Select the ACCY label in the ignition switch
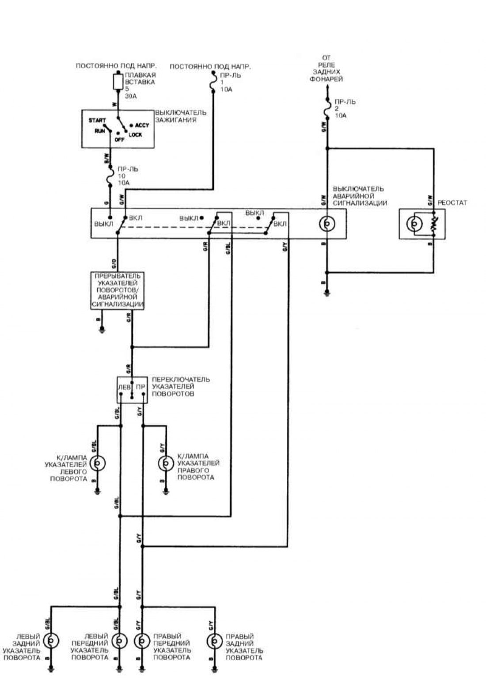point(142,126)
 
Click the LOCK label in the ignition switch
point(135,135)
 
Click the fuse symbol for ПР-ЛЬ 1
point(213,82)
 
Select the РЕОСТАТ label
point(452,203)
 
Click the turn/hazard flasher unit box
point(117,290)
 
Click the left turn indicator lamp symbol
point(98,463)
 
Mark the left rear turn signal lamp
point(51,641)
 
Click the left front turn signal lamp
point(119,641)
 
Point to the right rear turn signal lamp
point(214,641)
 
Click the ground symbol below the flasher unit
point(102,329)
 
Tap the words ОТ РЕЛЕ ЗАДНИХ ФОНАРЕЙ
point(327,68)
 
